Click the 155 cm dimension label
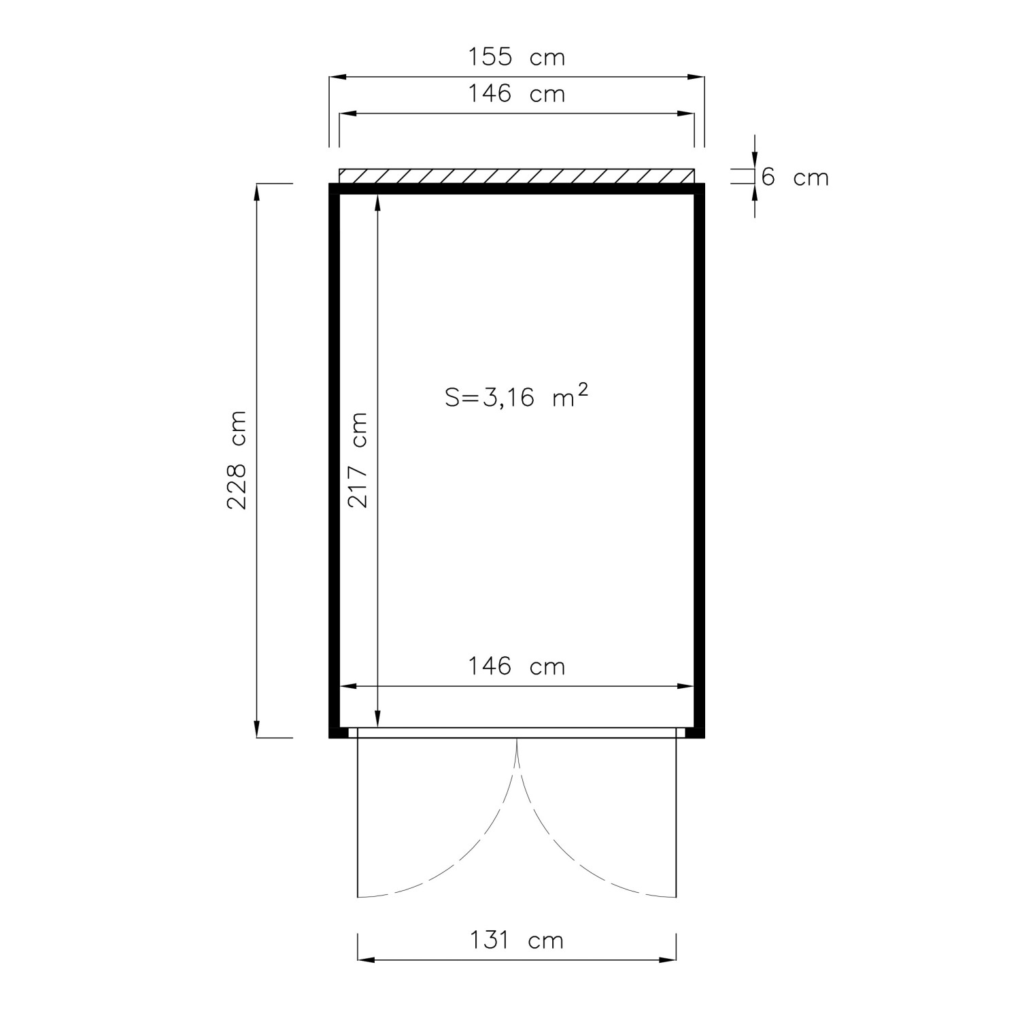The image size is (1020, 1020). (x=516, y=57)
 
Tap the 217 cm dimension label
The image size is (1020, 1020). (x=358, y=460)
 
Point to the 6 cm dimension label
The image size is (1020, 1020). (x=794, y=177)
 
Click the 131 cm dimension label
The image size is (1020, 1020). (x=517, y=940)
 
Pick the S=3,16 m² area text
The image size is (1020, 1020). (x=516, y=396)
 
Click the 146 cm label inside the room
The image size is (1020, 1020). (x=516, y=666)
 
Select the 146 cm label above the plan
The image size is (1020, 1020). (x=516, y=93)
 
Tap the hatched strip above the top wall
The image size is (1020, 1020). (x=517, y=176)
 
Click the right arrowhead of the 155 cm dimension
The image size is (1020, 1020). (x=696, y=77)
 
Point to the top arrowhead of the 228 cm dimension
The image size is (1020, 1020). (x=257, y=192)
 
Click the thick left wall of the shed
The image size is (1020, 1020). (x=334, y=460)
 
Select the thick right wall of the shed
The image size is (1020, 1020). (x=699, y=460)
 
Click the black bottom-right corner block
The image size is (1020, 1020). (x=695, y=733)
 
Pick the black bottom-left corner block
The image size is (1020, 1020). (x=338, y=733)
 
